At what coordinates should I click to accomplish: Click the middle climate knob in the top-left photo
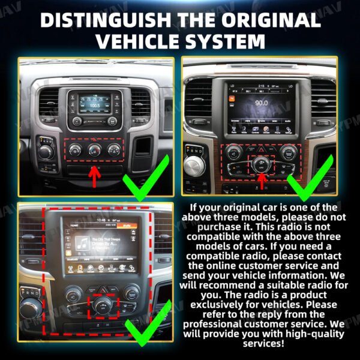94,149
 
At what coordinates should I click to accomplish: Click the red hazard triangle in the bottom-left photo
103,289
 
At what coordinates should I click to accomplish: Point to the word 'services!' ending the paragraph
263,343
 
